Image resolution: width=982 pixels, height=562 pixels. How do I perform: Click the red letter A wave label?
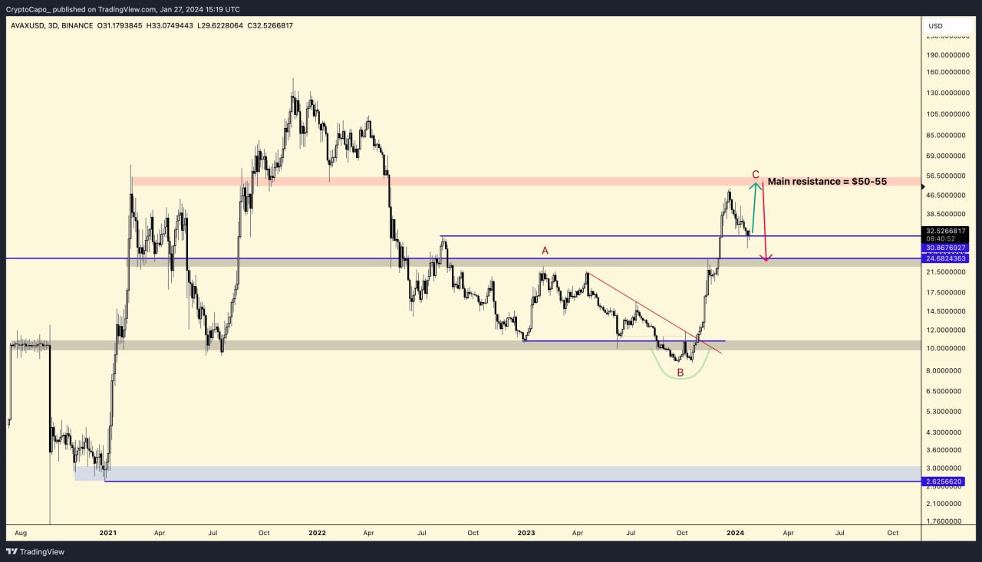[545, 251]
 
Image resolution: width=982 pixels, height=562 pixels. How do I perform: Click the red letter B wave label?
[680, 373]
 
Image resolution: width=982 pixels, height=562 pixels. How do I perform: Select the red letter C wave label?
[756, 174]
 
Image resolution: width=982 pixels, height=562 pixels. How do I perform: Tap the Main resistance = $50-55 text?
[827, 182]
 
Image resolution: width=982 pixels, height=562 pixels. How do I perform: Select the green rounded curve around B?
[680, 378]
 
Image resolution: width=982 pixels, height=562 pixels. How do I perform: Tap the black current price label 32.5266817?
[947, 230]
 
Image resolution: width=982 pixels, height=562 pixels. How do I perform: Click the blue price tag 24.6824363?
[947, 258]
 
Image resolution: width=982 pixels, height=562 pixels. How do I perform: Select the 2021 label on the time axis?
[107, 531]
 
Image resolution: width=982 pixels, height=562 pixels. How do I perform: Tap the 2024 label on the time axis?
[735, 531]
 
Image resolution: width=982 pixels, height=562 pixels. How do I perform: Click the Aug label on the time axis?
[21, 531]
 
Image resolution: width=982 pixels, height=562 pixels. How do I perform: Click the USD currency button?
[935, 26]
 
